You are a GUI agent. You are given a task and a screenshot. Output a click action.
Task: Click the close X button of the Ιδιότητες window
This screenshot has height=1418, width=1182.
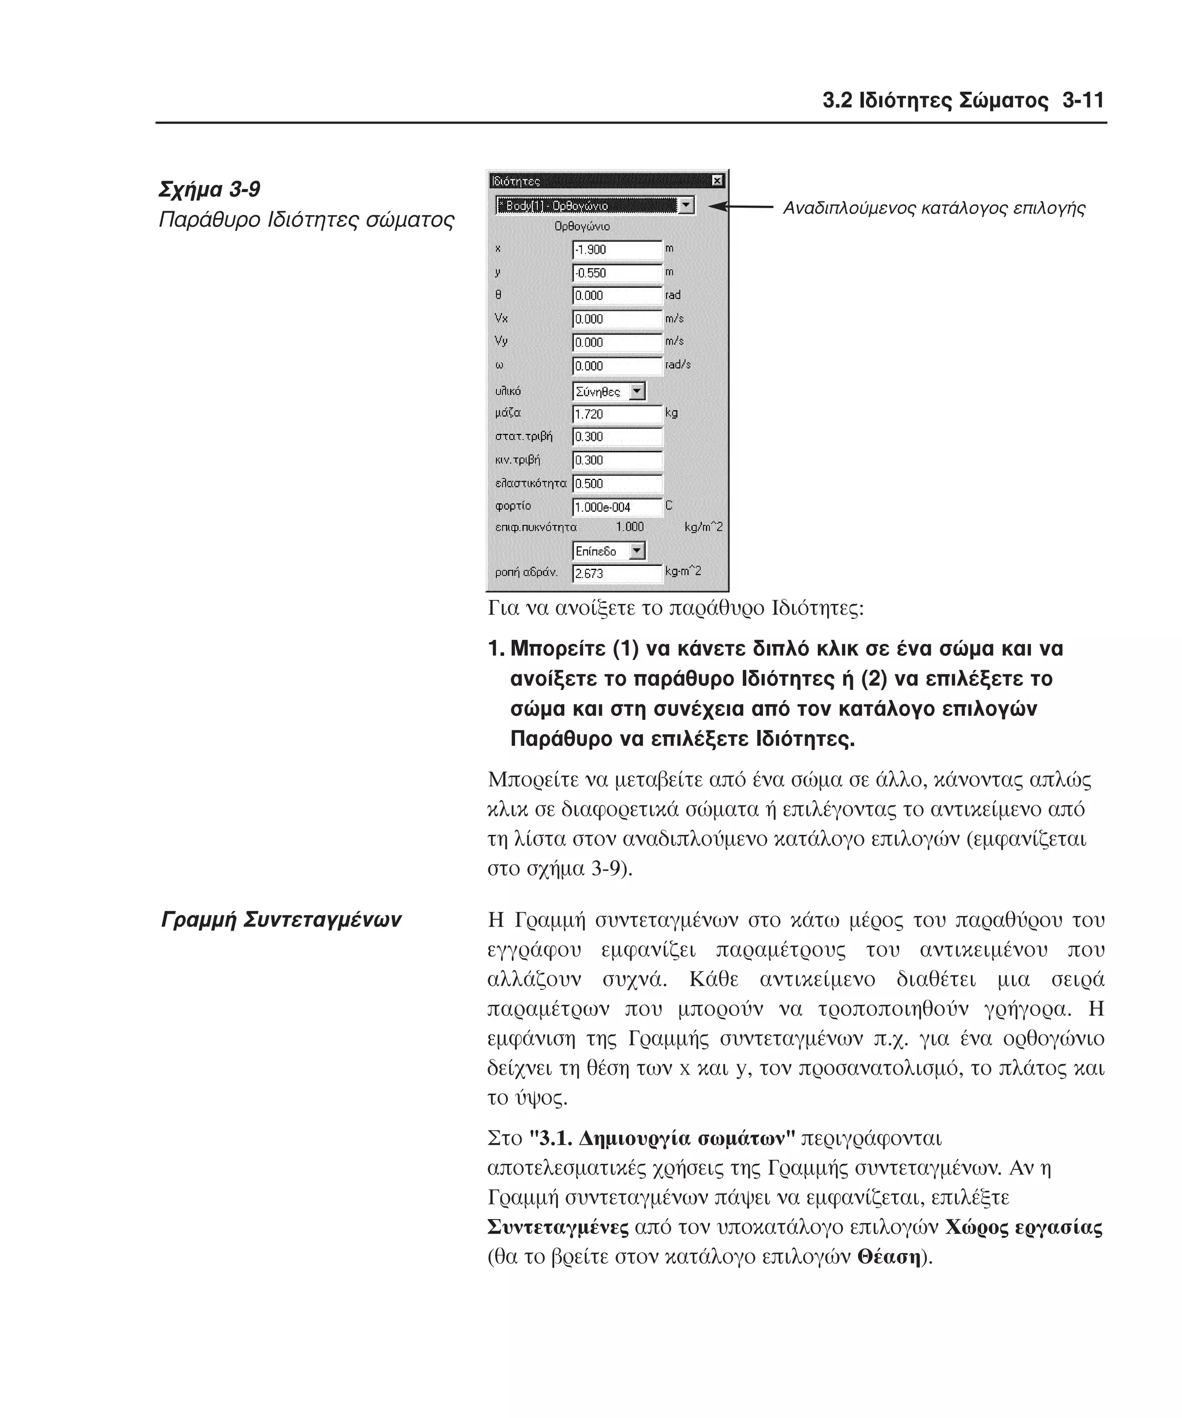coord(717,181)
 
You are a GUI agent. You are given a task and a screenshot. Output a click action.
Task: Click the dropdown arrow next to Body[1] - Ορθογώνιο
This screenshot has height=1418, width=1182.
coord(686,205)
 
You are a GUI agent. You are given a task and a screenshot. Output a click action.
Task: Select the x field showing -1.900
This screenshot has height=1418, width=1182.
coord(616,250)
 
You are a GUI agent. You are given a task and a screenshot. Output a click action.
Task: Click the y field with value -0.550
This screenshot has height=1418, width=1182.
coord(616,273)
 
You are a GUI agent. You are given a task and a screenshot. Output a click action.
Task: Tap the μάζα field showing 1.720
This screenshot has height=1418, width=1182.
coord(616,414)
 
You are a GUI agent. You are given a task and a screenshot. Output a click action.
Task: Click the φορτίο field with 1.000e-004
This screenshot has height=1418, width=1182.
coord(616,507)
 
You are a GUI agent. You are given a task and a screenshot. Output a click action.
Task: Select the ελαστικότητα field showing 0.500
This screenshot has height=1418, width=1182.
coord(616,483)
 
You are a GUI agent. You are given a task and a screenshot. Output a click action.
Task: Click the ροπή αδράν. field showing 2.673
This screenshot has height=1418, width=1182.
coord(616,574)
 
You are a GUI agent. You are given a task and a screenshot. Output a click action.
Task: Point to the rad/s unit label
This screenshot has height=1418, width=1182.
coord(678,365)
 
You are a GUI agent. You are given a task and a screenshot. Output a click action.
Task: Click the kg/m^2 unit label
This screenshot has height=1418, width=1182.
coord(703,527)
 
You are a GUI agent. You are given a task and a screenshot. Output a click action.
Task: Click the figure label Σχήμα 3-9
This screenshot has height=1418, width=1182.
coord(210,190)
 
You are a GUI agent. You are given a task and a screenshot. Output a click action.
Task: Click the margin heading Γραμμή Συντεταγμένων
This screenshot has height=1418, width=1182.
coord(281,920)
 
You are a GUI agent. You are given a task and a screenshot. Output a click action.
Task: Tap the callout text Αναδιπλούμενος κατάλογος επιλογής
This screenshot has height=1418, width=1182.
coord(933,208)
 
